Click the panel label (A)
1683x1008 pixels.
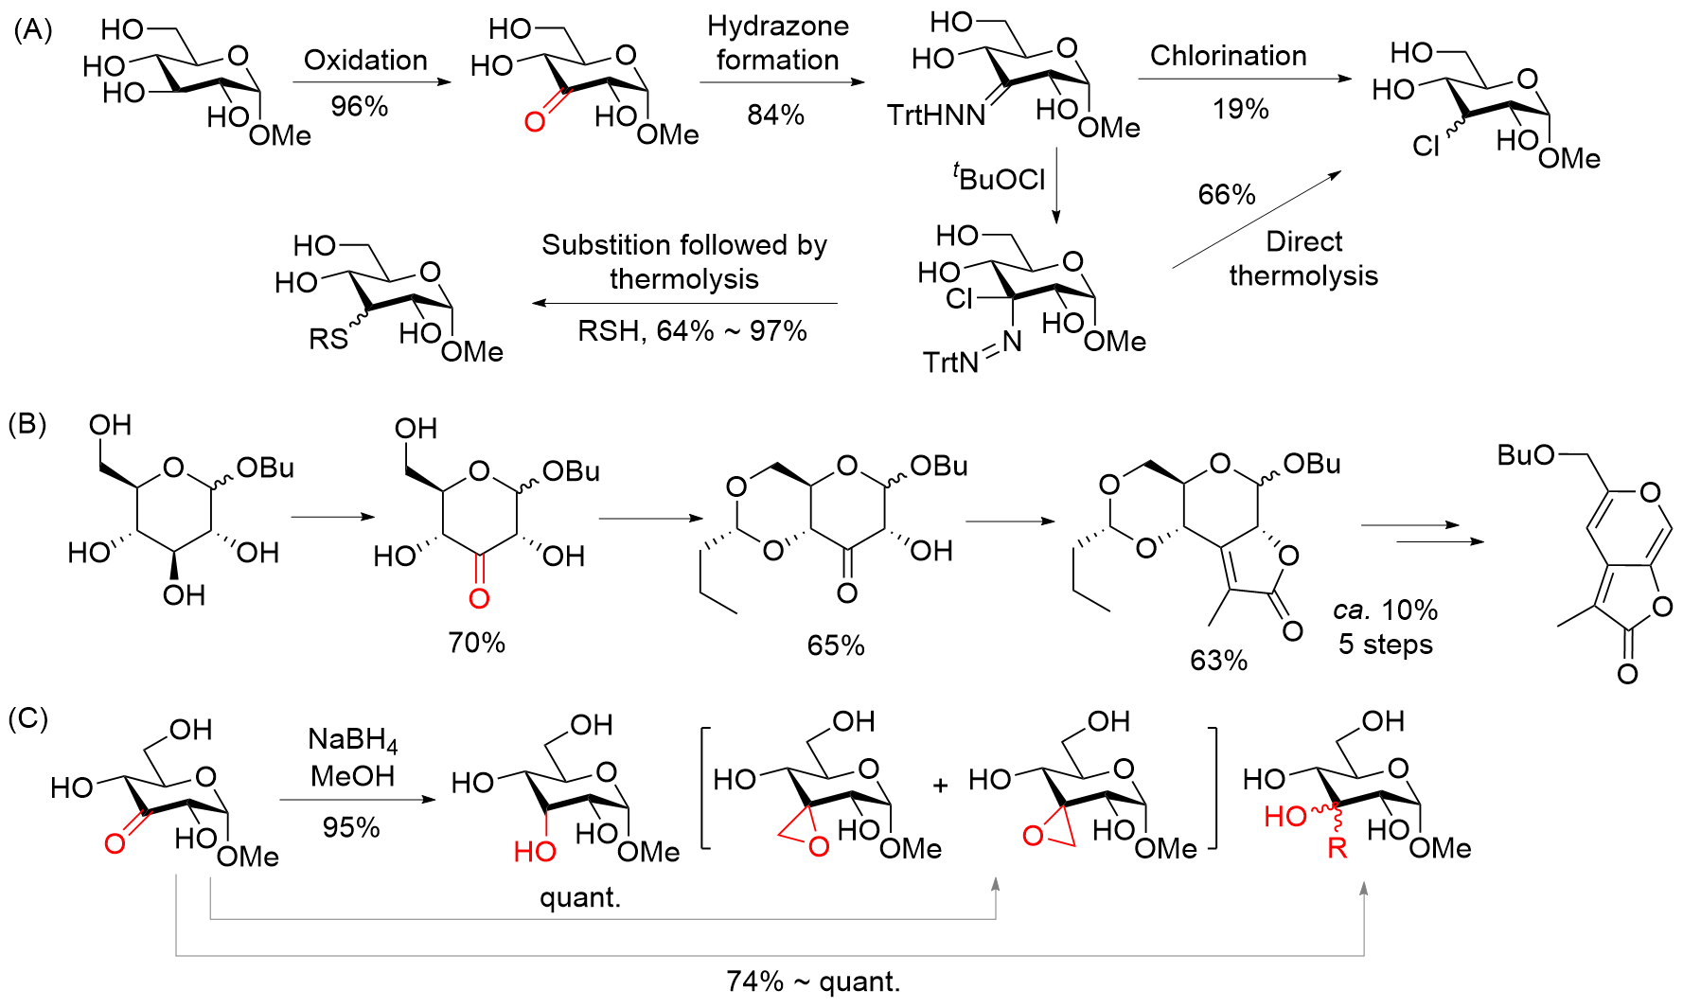32,30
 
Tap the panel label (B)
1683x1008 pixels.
27,424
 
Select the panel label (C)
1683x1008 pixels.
27,718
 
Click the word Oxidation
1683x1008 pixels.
365,61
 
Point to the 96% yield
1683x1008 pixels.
359,106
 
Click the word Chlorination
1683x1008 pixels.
1228,56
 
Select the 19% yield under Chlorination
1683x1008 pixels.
1240,109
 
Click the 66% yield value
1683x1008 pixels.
1227,194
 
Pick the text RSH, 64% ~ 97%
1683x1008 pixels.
692,331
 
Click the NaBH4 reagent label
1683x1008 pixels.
353,739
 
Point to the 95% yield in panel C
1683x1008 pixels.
351,827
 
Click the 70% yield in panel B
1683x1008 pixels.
476,643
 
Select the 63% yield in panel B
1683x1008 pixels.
1218,660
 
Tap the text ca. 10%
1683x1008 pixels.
1385,610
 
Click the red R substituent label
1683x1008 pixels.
1337,848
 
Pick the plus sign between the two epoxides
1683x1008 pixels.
940,786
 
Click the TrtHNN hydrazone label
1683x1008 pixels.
936,115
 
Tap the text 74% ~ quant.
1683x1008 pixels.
813,981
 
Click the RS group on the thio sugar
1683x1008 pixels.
328,338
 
